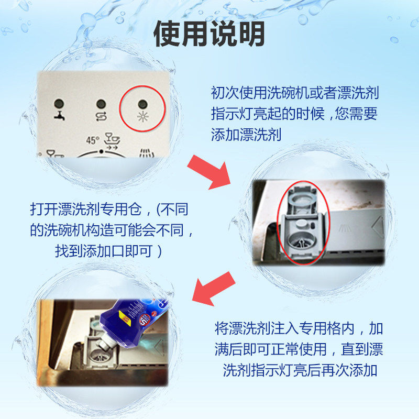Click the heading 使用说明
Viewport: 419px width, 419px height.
tap(209, 34)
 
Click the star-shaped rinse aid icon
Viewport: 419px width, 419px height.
tap(142, 116)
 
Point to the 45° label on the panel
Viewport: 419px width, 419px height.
tap(92, 140)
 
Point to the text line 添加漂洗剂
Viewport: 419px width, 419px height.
tap(246, 135)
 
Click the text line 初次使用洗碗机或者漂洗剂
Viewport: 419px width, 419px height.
tap(294, 93)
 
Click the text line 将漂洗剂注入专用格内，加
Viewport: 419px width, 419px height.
tap(299, 329)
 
